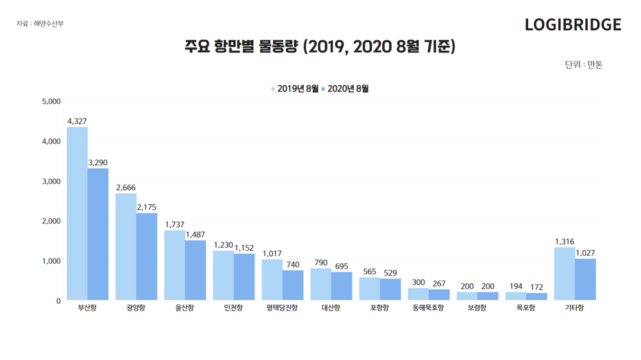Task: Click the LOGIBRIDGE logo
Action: pos(572,25)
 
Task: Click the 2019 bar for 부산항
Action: pos(77,213)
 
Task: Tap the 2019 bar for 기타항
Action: pos(564,274)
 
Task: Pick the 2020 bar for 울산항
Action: pos(196,270)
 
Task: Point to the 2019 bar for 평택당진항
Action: pos(272,279)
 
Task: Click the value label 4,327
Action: pos(77,121)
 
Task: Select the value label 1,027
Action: pos(585,253)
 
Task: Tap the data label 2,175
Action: pos(146,208)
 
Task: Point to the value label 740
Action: pos(293,265)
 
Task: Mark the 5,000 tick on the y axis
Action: pos(51,101)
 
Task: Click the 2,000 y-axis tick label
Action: pos(51,221)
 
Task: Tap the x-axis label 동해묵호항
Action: pos(429,308)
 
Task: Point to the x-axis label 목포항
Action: pos(526,308)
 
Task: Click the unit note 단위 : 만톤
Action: pos(583,65)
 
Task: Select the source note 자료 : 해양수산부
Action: pos(40,24)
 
